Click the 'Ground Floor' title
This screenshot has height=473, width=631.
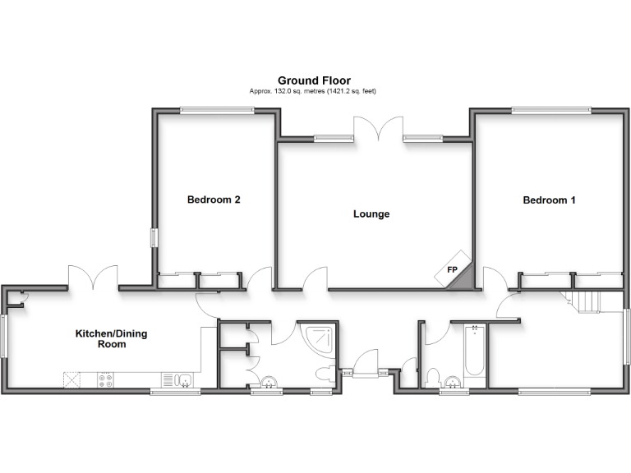(x=314, y=80)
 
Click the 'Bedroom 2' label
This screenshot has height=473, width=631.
(x=214, y=200)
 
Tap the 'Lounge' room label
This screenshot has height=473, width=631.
(x=371, y=214)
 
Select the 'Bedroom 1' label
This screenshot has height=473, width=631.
(x=549, y=200)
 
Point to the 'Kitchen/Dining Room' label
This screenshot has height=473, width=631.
(x=101, y=339)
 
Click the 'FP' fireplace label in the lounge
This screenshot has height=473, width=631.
(x=452, y=269)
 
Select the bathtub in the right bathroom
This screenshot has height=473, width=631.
(x=475, y=353)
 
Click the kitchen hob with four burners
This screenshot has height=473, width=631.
(x=106, y=379)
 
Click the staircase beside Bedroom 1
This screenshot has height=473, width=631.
(x=587, y=301)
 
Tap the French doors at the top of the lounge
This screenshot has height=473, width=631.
(x=379, y=128)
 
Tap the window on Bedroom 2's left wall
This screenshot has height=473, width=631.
(x=153, y=237)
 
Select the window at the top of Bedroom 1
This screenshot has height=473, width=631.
(x=550, y=109)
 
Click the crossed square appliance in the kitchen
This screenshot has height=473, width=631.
(x=71, y=379)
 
